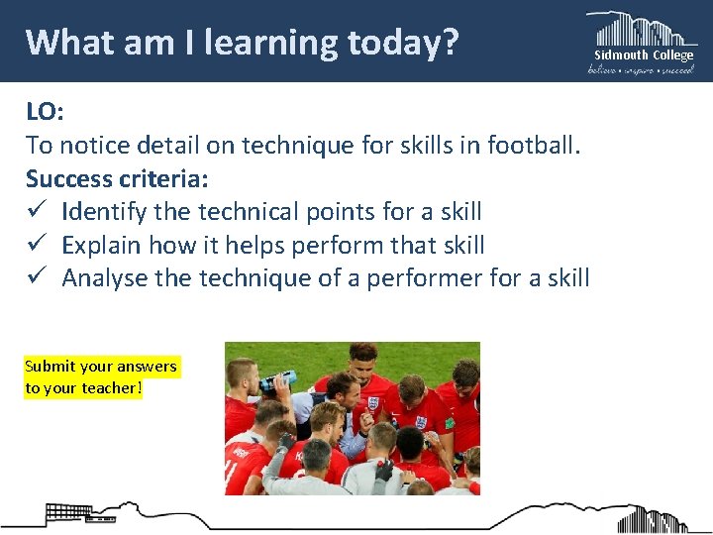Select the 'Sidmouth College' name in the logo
click(x=643, y=55)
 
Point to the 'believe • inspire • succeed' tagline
click(x=642, y=69)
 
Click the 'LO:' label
click(x=45, y=112)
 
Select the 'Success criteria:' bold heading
click(x=117, y=179)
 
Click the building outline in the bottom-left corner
click(x=69, y=513)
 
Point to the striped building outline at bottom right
click(x=654, y=518)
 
